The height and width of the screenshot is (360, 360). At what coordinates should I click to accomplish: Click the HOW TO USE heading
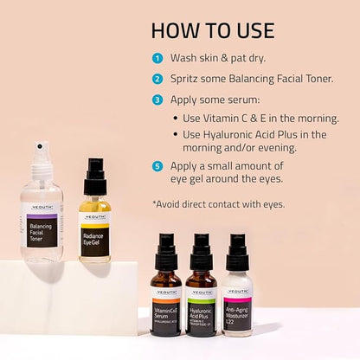point(212,30)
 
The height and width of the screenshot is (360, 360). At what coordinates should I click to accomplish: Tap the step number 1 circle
point(157,59)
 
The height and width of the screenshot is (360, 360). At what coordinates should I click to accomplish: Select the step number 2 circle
point(157,79)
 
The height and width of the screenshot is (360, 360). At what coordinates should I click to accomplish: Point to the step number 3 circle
point(157,99)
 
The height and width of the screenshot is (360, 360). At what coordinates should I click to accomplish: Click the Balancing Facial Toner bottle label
point(42,231)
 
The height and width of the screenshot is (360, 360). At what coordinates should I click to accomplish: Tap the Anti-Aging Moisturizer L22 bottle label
point(236,310)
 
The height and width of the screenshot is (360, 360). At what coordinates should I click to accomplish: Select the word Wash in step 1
point(185,59)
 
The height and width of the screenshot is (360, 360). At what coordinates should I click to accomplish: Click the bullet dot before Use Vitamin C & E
point(176,118)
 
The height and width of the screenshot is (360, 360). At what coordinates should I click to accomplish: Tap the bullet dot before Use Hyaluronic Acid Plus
point(176,134)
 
